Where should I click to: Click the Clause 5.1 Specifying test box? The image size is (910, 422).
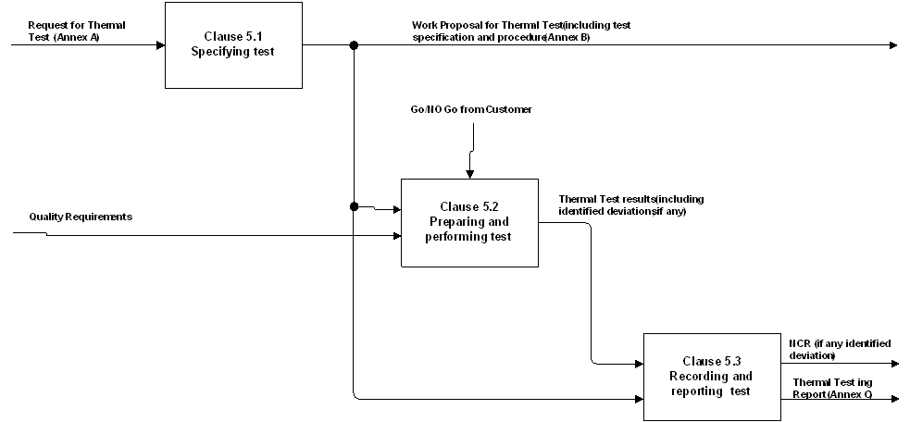[233, 44]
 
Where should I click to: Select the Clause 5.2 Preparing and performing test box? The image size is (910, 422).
[468, 222]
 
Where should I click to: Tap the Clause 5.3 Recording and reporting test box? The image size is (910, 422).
[711, 376]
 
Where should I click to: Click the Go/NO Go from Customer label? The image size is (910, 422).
[471, 110]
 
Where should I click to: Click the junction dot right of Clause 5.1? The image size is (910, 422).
[354, 44]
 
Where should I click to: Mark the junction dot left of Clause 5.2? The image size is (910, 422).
[354, 206]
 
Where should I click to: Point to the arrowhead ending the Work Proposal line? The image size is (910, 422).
[892, 44]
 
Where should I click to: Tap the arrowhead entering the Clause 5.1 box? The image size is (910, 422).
[159, 44]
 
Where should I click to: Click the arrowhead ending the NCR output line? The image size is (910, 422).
[894, 364]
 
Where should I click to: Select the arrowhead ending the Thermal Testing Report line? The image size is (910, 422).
[894, 399]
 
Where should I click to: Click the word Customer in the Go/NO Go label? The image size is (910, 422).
[509, 110]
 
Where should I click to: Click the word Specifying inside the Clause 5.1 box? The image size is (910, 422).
[220, 52]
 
